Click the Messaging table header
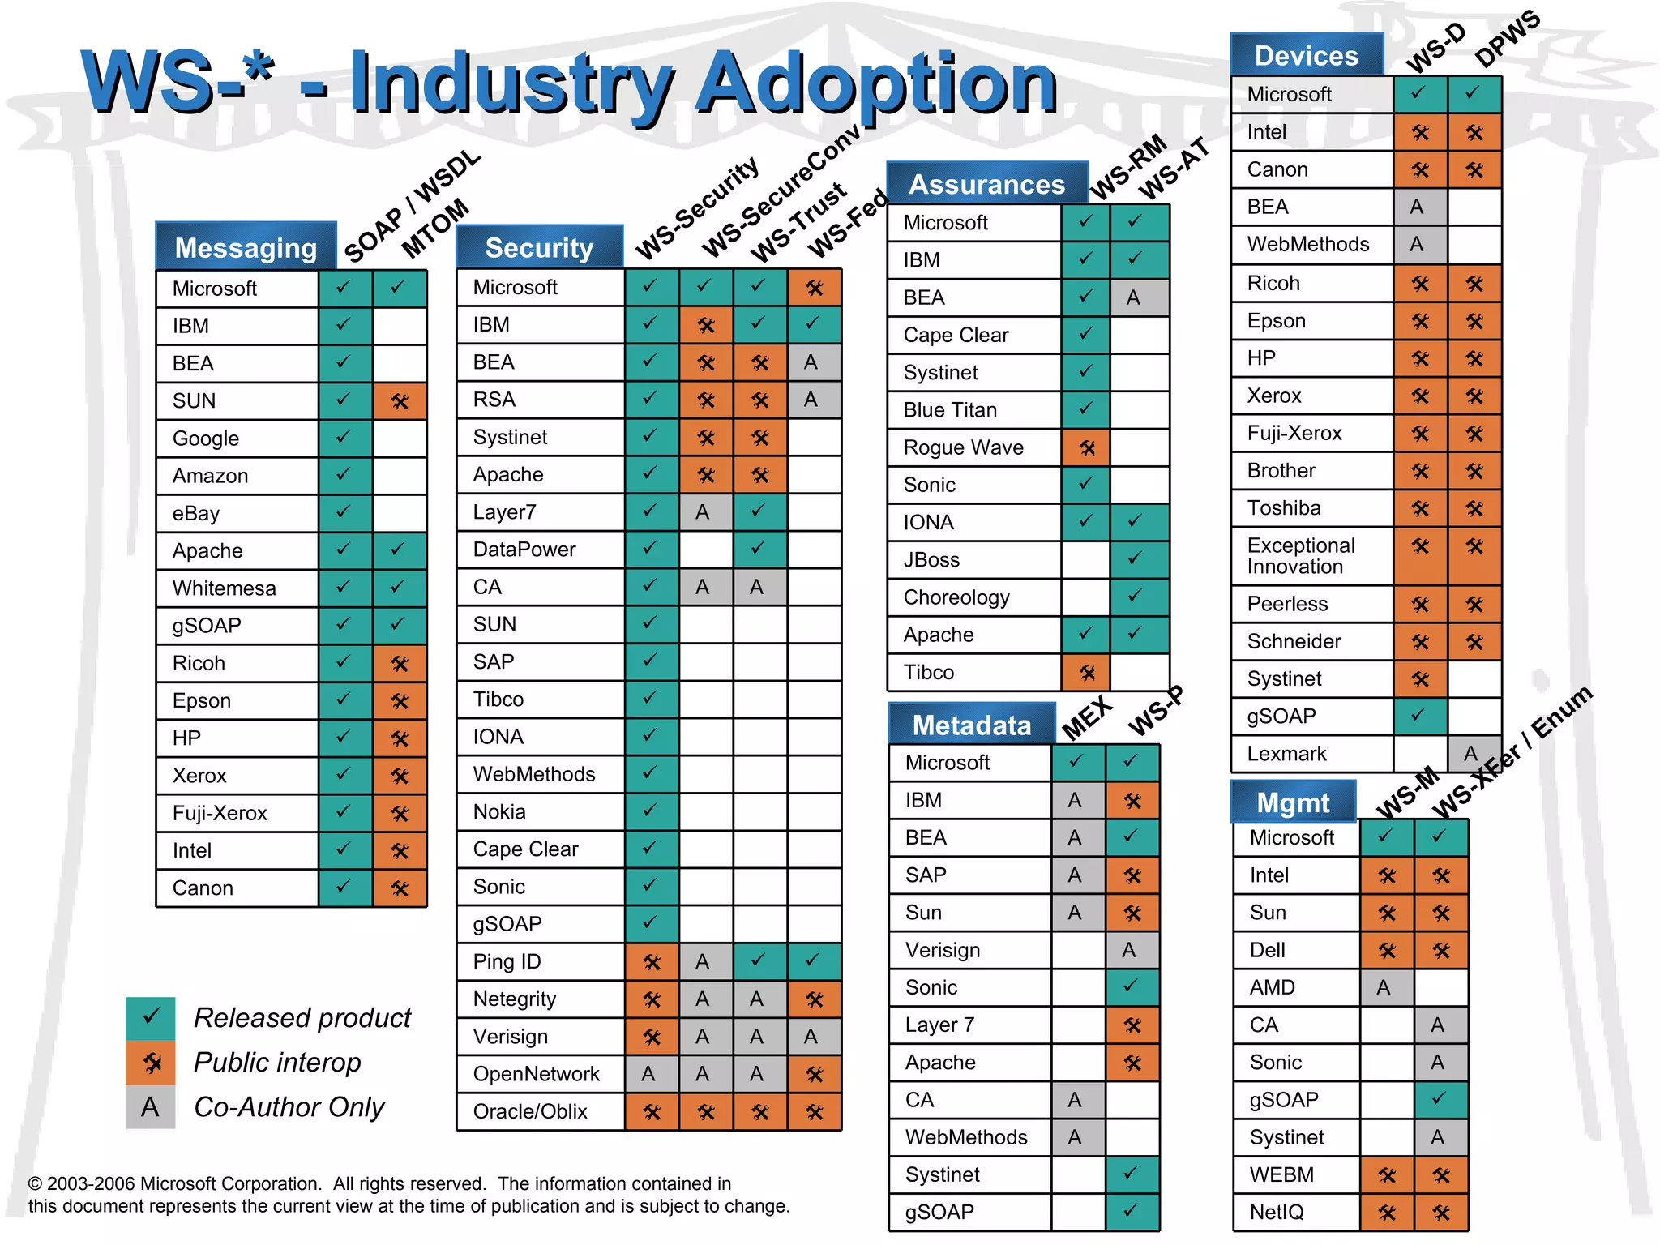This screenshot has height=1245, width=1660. click(x=246, y=247)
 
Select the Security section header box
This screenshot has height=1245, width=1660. click(x=539, y=247)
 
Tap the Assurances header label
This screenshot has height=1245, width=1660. click(x=986, y=184)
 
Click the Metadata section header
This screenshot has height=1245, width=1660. click(x=972, y=725)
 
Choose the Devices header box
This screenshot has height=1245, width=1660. click(x=1306, y=55)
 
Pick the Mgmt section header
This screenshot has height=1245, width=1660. click(x=1293, y=802)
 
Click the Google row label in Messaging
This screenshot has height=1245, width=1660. click(x=206, y=439)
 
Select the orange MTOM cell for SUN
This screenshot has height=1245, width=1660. click(x=400, y=401)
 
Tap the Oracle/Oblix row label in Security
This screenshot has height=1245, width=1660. click(x=530, y=1111)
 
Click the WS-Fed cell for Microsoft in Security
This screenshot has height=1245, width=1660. click(x=814, y=288)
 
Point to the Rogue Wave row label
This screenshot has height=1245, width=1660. click(x=963, y=447)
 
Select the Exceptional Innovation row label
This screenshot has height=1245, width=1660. click(x=1300, y=556)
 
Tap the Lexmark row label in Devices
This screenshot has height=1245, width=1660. click(x=1286, y=754)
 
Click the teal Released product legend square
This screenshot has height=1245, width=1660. click(x=151, y=1018)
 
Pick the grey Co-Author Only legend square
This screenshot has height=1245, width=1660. click(x=151, y=1107)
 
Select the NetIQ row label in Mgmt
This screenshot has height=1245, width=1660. click(x=1277, y=1212)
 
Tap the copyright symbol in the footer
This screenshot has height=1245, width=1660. click(x=35, y=1184)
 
